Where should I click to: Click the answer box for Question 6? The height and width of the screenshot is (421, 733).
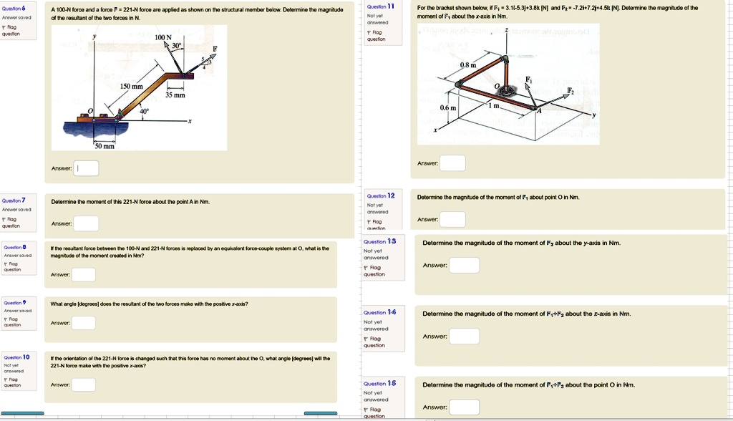(x=87, y=168)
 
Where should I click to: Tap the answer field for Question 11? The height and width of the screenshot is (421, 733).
(x=452, y=163)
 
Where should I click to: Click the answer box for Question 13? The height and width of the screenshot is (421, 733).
(x=464, y=265)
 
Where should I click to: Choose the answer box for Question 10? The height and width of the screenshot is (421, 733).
(x=83, y=384)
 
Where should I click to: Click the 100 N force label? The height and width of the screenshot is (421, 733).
(x=165, y=37)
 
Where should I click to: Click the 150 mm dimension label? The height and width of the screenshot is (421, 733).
(x=131, y=86)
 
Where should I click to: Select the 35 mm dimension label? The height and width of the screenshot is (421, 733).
(x=175, y=95)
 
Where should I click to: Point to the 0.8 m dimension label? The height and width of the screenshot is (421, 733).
(x=467, y=65)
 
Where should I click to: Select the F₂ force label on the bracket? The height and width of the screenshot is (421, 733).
(x=571, y=91)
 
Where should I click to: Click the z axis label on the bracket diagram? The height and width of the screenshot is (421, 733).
(x=507, y=30)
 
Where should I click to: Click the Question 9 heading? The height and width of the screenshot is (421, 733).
(x=15, y=302)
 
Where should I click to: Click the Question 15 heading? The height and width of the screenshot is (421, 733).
(x=380, y=384)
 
